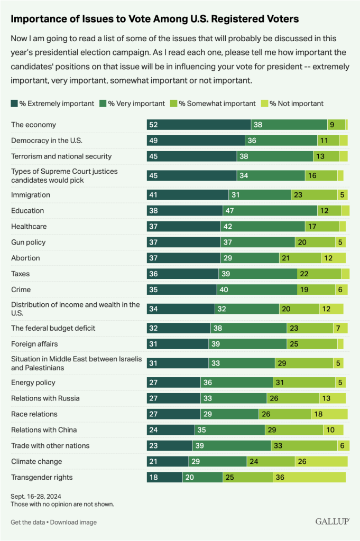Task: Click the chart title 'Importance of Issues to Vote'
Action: [x=154, y=19]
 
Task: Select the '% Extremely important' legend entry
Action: [x=52, y=104]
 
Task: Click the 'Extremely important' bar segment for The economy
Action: [x=199, y=125]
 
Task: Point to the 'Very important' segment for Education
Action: [x=270, y=210]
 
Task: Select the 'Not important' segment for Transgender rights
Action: [x=309, y=478]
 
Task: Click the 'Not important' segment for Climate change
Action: [x=321, y=462]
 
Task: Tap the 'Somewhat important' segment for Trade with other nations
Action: [x=304, y=446]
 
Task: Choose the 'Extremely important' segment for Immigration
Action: [x=188, y=194]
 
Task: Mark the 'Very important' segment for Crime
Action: [x=257, y=290]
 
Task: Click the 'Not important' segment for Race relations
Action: [x=329, y=414]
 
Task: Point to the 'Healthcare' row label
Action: [x=29, y=226]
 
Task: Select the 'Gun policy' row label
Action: [x=29, y=242]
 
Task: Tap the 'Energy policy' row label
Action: [x=33, y=383]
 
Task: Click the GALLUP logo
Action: [x=333, y=522]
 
